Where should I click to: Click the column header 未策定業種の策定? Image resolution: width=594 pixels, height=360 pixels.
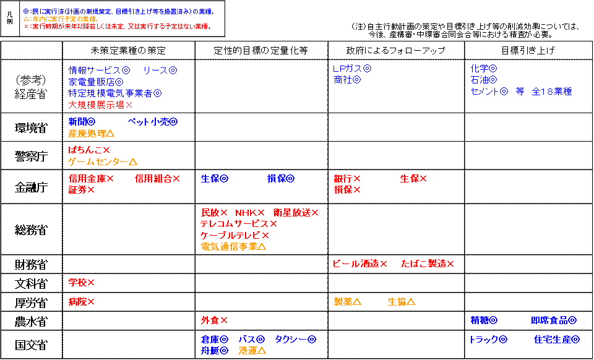[x=128, y=50]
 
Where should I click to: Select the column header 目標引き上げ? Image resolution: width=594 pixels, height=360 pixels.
[x=528, y=50]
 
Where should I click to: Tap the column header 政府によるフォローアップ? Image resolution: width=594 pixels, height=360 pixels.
[x=395, y=50]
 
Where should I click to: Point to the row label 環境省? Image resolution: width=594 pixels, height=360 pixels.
[x=31, y=127]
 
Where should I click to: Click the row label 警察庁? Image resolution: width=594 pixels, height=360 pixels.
[x=31, y=156]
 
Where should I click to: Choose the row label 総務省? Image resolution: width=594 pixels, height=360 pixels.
[x=31, y=229]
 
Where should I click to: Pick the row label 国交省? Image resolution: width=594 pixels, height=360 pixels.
[x=31, y=345]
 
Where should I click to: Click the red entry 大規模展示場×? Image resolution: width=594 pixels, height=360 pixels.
[x=101, y=105]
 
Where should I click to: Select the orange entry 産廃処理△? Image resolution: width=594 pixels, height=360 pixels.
[x=92, y=133]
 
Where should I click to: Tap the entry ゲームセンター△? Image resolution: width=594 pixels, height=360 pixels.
[x=103, y=161]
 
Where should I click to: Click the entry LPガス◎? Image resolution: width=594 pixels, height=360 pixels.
[x=352, y=69]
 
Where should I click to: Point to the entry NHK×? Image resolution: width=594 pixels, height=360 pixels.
[x=249, y=213]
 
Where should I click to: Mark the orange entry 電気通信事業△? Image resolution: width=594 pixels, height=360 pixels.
[x=233, y=247]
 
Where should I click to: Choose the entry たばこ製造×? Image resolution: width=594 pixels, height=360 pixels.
[x=428, y=264]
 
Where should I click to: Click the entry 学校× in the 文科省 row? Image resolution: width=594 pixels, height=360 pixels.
[x=82, y=283]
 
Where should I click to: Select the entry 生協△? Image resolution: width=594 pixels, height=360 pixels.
[x=401, y=302]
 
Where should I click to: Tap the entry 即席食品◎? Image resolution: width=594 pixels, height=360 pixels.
[x=554, y=320]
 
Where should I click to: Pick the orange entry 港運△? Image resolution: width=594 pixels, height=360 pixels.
[x=252, y=351]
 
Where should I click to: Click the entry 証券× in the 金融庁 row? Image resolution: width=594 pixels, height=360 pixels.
[x=82, y=190]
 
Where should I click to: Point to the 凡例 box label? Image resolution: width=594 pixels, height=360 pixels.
[x=10, y=18]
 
